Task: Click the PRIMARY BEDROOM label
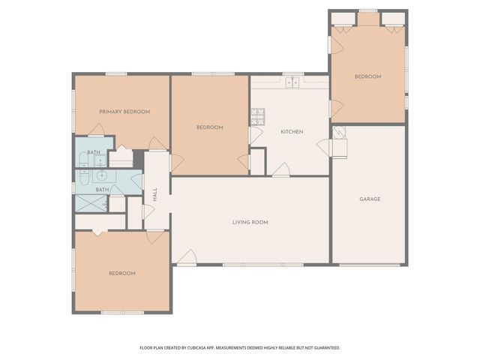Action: coord(124,112)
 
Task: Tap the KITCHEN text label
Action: coord(291,132)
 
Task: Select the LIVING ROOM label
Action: coord(250,222)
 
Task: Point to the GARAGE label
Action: coord(370,199)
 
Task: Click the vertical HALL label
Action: coord(155,193)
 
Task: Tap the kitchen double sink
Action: coord(291,82)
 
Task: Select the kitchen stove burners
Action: coord(257,115)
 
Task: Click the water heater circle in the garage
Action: coord(340,133)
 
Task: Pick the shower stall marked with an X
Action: coord(91,203)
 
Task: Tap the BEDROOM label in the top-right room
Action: coord(367,76)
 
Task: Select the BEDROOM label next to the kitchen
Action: coord(210,127)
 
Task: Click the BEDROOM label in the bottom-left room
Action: coord(121,273)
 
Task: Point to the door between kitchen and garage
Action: coord(324,146)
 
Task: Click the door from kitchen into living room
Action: coord(280,171)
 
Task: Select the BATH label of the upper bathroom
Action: coord(94,153)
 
